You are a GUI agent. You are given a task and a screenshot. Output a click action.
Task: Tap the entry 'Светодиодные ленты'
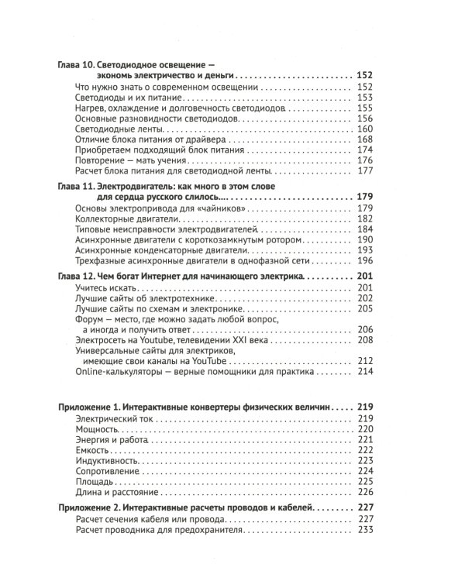[x=114, y=129]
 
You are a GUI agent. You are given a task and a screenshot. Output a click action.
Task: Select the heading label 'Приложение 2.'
[x=94, y=507]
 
